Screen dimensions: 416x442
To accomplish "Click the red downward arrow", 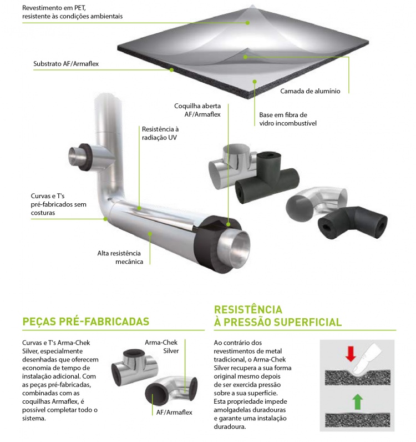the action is coord(351,354).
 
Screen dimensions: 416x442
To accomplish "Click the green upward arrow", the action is coord(357,401).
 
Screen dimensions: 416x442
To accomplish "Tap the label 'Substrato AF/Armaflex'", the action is coord(66,64).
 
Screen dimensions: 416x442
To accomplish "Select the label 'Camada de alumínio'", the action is coord(310,91).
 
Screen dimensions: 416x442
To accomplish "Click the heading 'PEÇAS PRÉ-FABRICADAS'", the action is coord(86,322).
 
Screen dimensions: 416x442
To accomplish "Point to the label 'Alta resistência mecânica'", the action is coord(120,257).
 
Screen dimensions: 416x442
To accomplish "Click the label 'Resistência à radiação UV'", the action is coord(160,133).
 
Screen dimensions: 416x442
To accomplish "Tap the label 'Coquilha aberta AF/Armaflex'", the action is coord(197,110).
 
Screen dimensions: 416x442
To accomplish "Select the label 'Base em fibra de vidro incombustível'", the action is coord(287,119).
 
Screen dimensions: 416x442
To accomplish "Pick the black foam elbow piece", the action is coord(352,223).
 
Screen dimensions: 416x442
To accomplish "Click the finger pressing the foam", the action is coord(366,361).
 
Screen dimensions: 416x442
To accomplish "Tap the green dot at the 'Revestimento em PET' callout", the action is coord(247,23).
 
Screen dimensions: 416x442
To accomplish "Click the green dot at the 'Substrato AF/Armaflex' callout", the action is coord(171,70).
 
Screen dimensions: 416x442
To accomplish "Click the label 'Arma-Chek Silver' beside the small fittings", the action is coord(161,346).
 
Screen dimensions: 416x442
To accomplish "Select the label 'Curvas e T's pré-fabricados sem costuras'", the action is coord(59,204).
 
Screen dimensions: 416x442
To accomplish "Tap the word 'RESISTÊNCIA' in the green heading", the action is coord(248,309).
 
